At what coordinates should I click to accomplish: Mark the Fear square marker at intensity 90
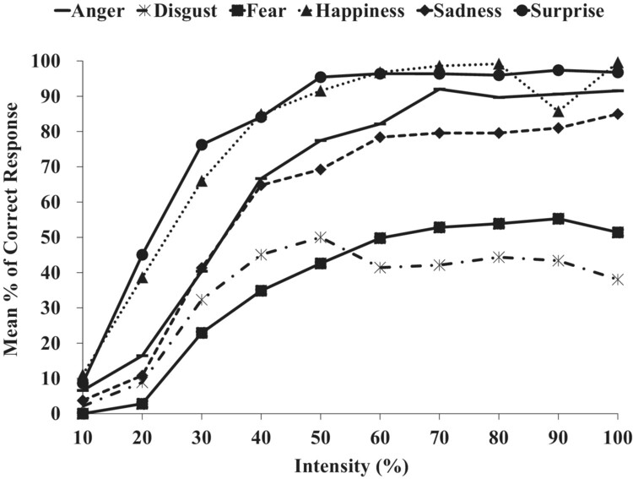(x=559, y=219)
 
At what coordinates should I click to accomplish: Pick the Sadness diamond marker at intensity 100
(x=618, y=114)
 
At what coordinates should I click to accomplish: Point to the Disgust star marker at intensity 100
(x=618, y=280)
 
